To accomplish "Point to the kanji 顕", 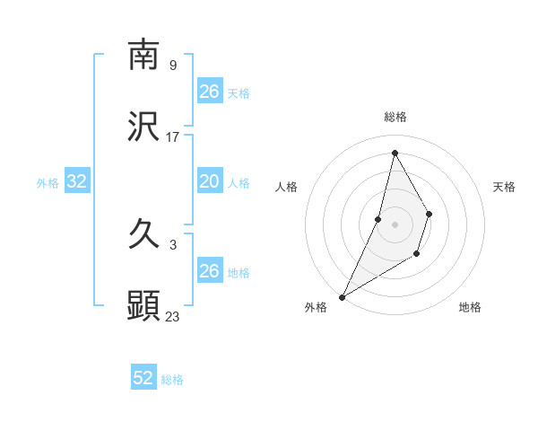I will click(143, 306).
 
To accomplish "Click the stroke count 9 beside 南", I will click(172, 65).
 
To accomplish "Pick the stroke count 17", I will click(173, 137).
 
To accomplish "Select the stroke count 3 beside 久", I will click(172, 244).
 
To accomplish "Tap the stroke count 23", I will click(173, 316).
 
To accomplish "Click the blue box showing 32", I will click(77, 182).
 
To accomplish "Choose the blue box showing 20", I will click(210, 182).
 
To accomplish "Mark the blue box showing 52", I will click(143, 379).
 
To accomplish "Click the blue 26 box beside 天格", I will click(210, 92).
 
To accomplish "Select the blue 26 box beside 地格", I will click(210, 271).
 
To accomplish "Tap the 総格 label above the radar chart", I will click(395, 117).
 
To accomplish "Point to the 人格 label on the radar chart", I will click(286, 187).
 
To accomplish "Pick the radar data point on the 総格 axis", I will click(395, 153).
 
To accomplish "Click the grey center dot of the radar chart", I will click(395, 224).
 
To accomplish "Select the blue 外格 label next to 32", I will click(48, 183).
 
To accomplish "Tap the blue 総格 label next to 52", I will click(172, 380).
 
